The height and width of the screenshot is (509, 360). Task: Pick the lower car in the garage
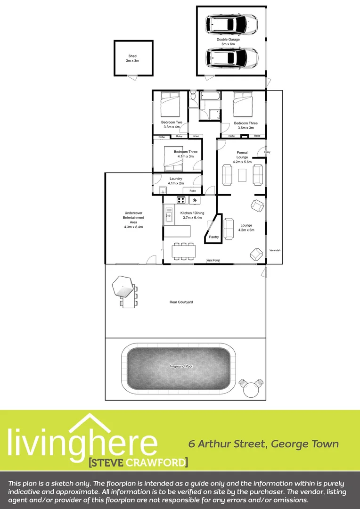[x=231, y=58]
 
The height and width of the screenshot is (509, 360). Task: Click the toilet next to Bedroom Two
[x=193, y=97]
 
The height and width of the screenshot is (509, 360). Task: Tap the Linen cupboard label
[x=196, y=136]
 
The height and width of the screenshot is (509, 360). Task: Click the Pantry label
[x=214, y=237]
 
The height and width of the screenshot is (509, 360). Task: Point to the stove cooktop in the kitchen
[x=181, y=200]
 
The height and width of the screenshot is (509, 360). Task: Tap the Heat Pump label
[x=213, y=261]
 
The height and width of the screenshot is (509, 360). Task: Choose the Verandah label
[x=275, y=250]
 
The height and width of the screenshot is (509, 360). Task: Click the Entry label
[x=267, y=152]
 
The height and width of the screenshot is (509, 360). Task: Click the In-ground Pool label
[x=181, y=366]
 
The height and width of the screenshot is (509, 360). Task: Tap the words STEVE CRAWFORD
[x=138, y=462]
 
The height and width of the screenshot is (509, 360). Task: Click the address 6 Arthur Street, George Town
[x=263, y=444]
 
